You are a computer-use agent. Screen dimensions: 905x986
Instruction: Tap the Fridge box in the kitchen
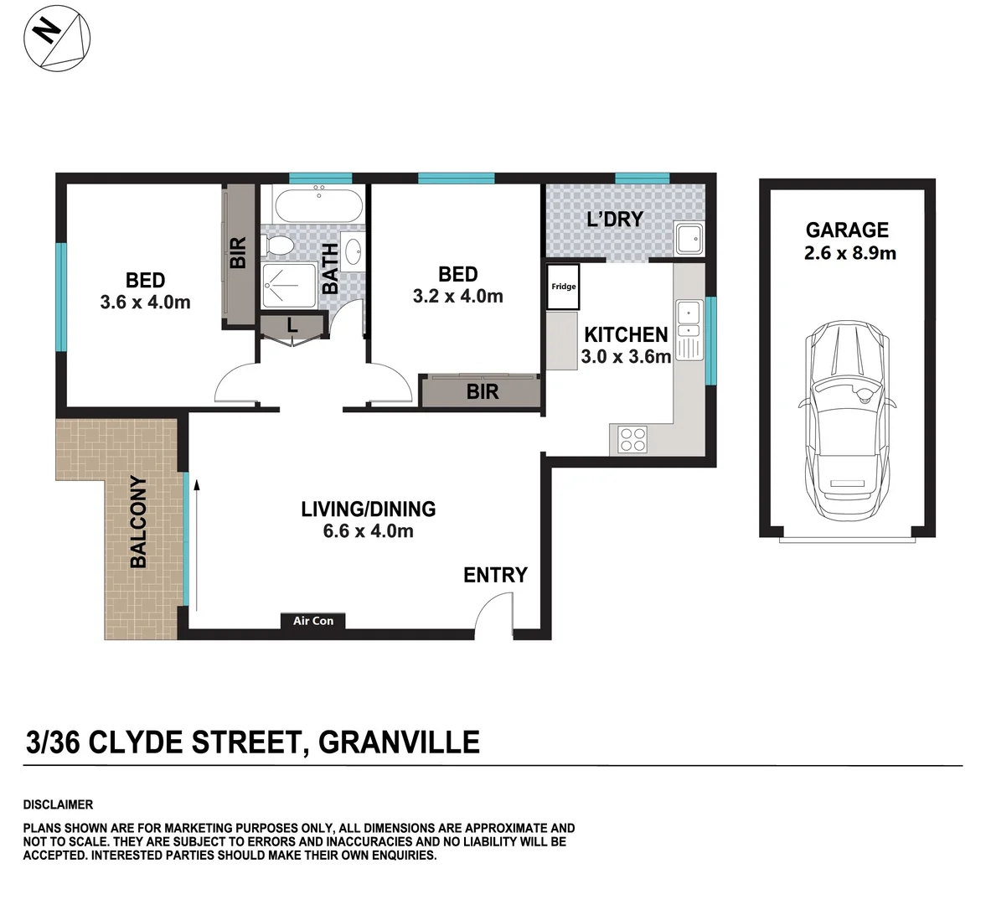coord(563,287)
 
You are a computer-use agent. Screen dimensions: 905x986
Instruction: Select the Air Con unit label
coord(312,621)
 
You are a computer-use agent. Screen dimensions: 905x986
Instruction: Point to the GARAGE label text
coord(847,230)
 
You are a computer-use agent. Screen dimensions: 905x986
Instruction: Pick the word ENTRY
coord(495,575)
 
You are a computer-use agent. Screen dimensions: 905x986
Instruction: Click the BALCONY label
coord(138,522)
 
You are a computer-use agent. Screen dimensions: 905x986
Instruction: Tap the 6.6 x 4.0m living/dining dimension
coord(368,531)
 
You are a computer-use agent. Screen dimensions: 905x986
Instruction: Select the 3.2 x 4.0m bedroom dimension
coord(457,296)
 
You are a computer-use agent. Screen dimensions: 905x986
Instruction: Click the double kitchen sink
coord(689,329)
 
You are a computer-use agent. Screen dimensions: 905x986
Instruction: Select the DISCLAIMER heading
coord(58,804)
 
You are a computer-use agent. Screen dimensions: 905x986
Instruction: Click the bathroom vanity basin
coord(354,251)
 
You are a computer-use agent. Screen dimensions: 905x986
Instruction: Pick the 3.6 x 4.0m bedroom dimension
coord(145,302)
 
